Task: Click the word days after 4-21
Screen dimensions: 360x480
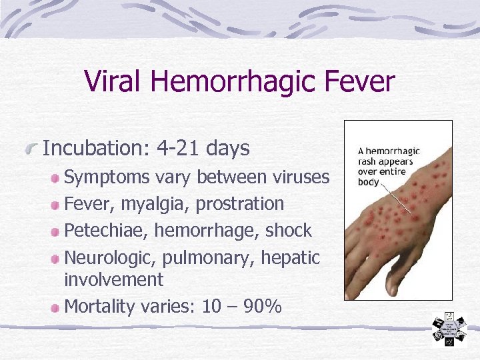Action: (x=228, y=148)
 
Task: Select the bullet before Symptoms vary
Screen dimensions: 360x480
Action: (x=57, y=177)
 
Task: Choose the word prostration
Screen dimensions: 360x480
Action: (x=239, y=203)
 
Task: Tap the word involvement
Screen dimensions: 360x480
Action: (x=113, y=279)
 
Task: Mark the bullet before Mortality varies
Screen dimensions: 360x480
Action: (x=57, y=307)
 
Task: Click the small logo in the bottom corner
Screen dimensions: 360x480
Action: (x=450, y=330)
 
